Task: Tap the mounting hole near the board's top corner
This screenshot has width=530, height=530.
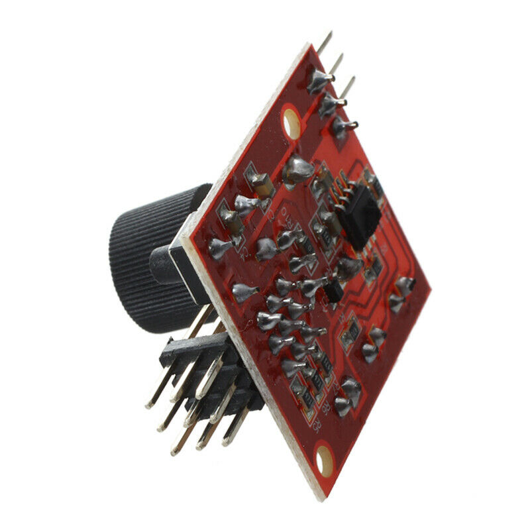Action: pyautogui.click(x=292, y=123)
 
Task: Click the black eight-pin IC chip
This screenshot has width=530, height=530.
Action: pyautogui.click(x=360, y=215)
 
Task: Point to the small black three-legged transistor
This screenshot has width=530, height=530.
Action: pyautogui.click(x=334, y=291)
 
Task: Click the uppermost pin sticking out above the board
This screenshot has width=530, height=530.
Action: pyautogui.click(x=325, y=42)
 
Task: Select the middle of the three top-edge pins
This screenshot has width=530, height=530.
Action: pyautogui.click(x=337, y=64)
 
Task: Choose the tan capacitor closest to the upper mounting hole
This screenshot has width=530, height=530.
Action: pyautogui.click(x=259, y=182)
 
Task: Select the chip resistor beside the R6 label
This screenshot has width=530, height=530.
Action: pyautogui.click(x=317, y=380)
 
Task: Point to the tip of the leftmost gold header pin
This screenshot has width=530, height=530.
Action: pyautogui.click(x=150, y=405)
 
